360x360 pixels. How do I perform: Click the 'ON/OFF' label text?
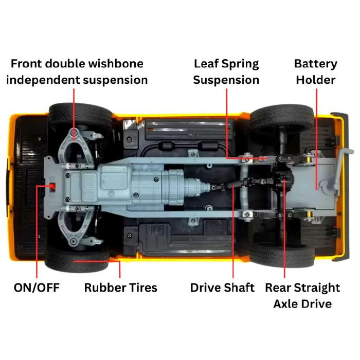pos(37,287)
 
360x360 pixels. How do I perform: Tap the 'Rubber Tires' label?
pos(121,287)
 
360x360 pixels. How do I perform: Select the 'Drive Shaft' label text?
pos(222,287)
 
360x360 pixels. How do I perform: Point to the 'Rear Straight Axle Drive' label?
pos(302,295)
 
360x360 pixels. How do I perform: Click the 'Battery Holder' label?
pos(316,72)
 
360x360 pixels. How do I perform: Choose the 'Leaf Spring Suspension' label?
pos(226,72)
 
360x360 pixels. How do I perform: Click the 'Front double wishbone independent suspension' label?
pos(79,72)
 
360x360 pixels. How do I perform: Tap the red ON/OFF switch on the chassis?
pos(51,186)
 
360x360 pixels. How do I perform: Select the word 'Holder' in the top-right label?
pos(316,80)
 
